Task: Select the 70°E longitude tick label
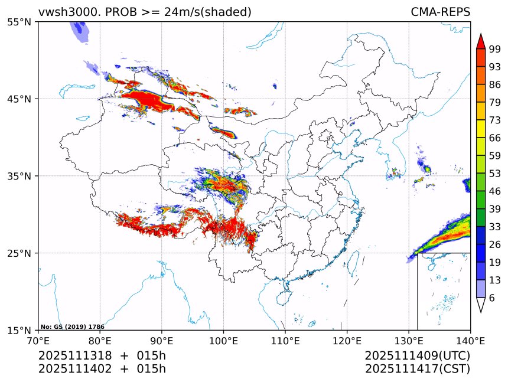pos(38,340)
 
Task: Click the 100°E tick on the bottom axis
pos(223,340)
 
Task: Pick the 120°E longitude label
pos(347,340)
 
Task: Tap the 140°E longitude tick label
pos(470,340)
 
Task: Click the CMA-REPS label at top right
pos(440,12)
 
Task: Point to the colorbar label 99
pos(494,49)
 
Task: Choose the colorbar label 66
pos(494,138)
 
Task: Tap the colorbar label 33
pos(494,227)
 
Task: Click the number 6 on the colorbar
pos(491,298)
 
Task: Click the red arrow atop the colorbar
pos(481,41)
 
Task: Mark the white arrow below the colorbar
pos(481,305)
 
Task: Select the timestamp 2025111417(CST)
pos(417,369)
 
